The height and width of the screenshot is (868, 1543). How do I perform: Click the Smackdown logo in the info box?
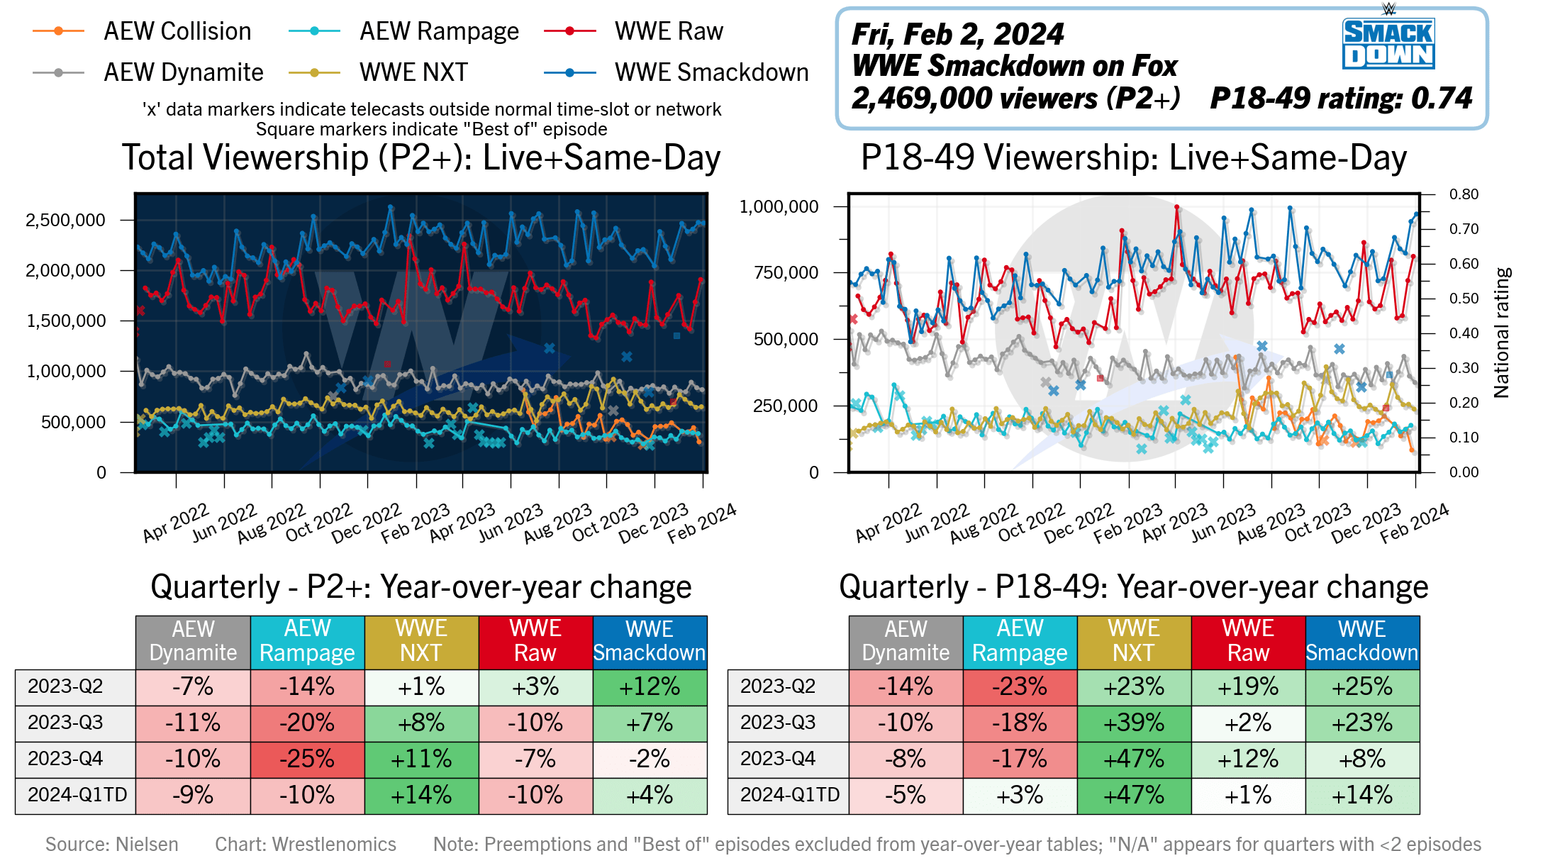pyautogui.click(x=1388, y=43)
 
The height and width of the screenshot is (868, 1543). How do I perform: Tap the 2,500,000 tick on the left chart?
pyautogui.click(x=66, y=220)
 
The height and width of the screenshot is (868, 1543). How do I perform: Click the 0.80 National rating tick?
pyautogui.click(x=1464, y=194)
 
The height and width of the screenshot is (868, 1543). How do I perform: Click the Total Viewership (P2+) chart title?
pyautogui.click(x=421, y=157)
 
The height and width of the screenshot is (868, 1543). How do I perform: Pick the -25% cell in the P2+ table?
pyautogui.click(x=307, y=759)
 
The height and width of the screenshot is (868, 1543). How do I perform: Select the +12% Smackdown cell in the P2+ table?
pyautogui.click(x=650, y=687)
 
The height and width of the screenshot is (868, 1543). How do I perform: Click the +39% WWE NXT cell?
pyautogui.click(x=1134, y=723)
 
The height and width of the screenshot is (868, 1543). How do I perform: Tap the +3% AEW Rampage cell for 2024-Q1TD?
pyautogui.click(x=1020, y=796)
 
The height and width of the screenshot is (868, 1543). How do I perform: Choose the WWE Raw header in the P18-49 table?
pyautogui.click(x=1248, y=641)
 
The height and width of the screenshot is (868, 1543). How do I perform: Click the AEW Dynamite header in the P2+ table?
pyautogui.click(x=193, y=641)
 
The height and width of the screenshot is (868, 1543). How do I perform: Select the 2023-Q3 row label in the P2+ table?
pyautogui.click(x=65, y=723)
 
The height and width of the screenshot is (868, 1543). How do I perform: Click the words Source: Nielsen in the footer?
pyautogui.click(x=112, y=844)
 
